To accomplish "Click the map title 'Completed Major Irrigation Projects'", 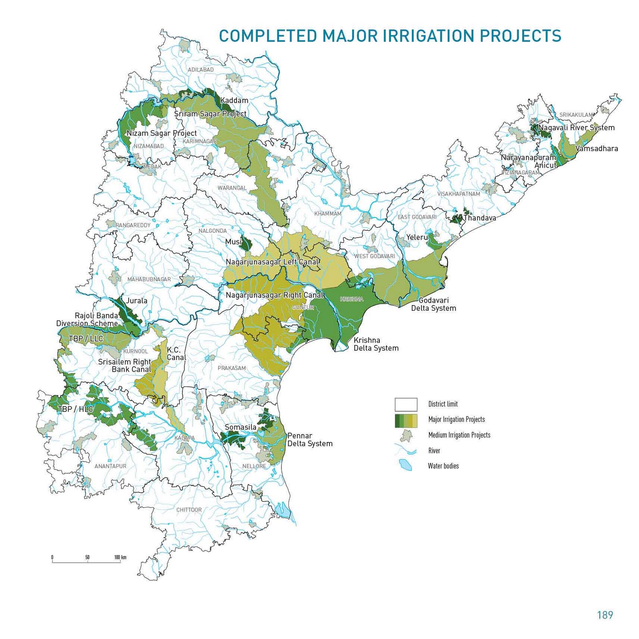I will point(390,36).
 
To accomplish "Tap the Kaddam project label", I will point(234,101).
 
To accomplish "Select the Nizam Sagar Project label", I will point(161,133).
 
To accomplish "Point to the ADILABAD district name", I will point(201,70).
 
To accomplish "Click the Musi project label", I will point(233,242).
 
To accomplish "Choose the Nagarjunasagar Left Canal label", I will point(272,262).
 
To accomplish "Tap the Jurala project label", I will point(137,301).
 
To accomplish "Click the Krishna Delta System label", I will point(376,344).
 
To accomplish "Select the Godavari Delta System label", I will point(433,304).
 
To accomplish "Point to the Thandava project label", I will point(480,218).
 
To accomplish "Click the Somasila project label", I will point(240,427).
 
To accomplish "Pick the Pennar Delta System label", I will point(310,440).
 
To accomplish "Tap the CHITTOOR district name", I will point(189,510).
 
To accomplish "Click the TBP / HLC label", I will point(75,409).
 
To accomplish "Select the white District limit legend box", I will point(406,404).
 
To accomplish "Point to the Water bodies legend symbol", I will point(405,465).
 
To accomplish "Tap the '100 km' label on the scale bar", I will point(120,557).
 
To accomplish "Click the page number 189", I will point(605,615).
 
